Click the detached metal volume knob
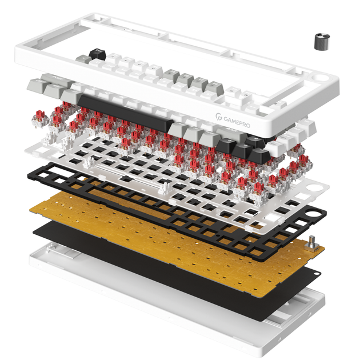tap(322, 42)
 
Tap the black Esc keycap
tap(97, 54)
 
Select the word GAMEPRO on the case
tap(237, 122)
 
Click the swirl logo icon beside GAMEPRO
tap(219, 117)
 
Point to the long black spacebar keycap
tap(125, 113)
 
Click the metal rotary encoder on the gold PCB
tap(311, 243)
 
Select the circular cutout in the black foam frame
tap(311, 214)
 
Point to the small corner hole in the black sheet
tap(317, 274)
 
